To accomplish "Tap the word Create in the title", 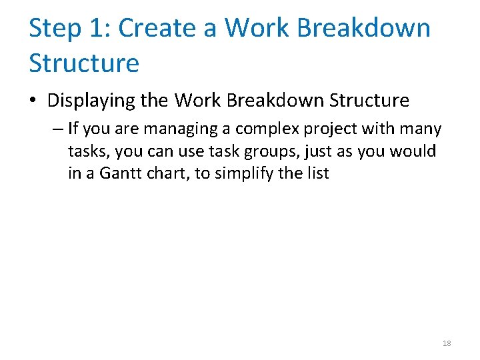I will (157, 29).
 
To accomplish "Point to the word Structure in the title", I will (84, 63).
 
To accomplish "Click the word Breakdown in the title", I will (364, 29).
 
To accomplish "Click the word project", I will (332, 129).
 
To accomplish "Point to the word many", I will (420, 129).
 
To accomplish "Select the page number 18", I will (447, 343).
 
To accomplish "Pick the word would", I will (417, 152).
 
